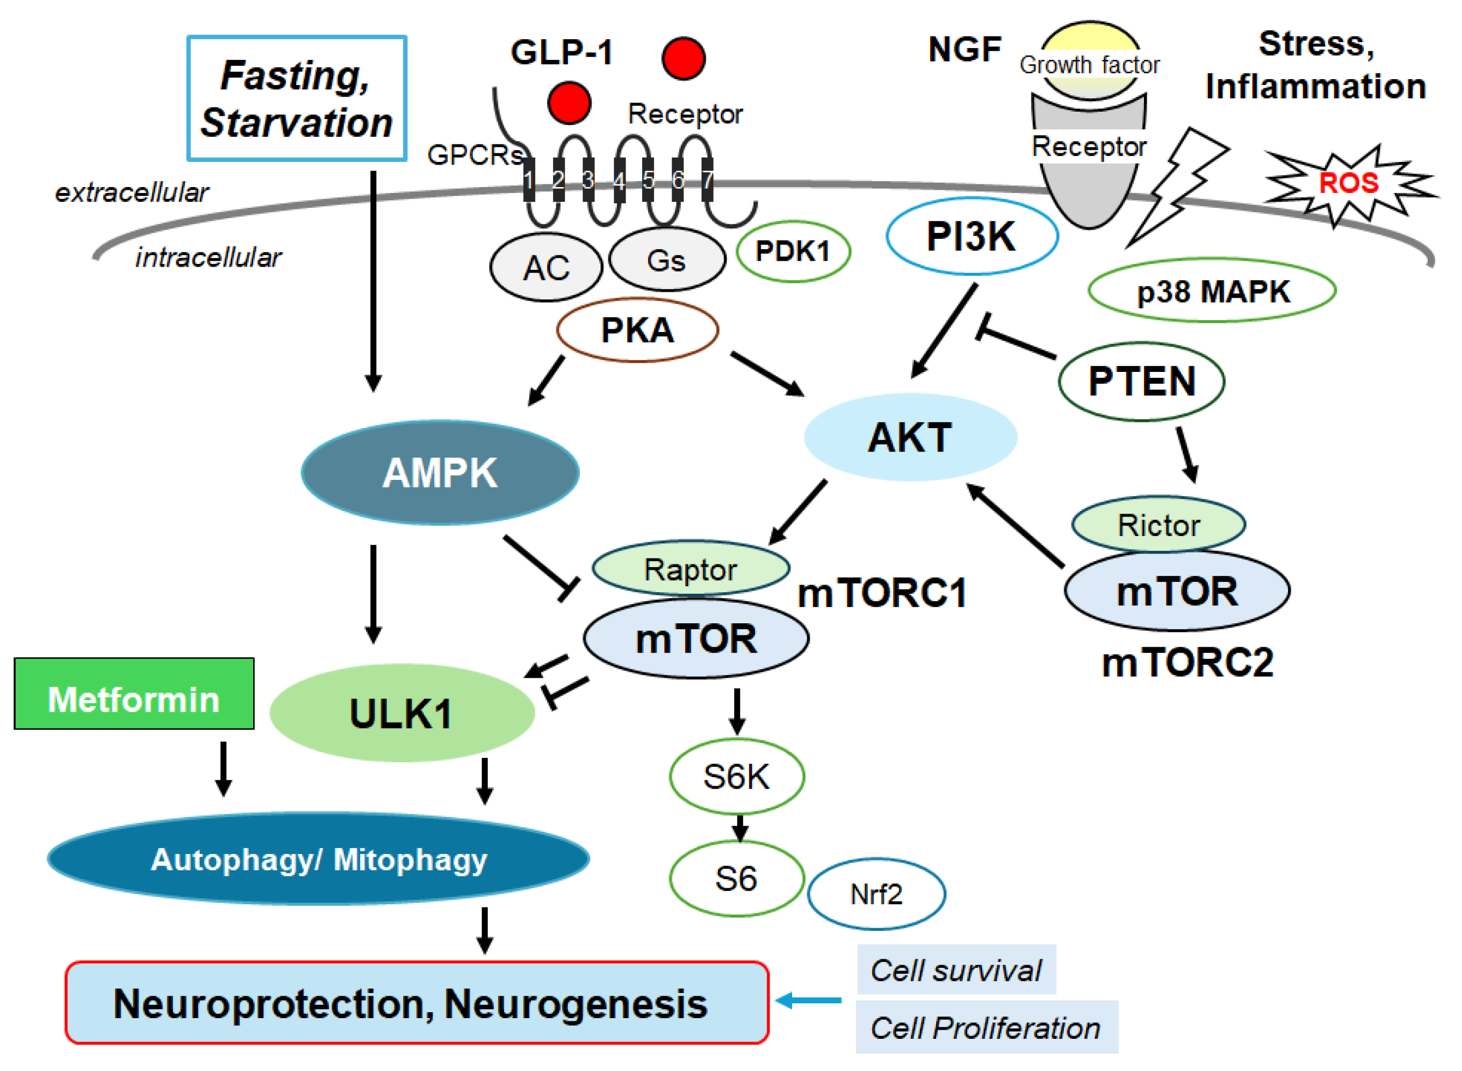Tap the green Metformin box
pyautogui.click(x=134, y=694)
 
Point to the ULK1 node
pyautogui.click(x=402, y=713)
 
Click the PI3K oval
pyautogui.click(x=972, y=236)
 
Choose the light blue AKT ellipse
pyautogui.click(x=910, y=437)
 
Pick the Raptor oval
pyautogui.click(x=690, y=569)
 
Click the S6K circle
pyautogui.click(x=737, y=776)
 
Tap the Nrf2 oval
pyautogui.click(x=876, y=894)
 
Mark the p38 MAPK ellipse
pyautogui.click(x=1212, y=291)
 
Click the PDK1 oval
pyautogui.click(x=793, y=251)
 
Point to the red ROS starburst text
pyautogui.click(x=1349, y=183)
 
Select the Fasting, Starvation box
pyautogui.click(x=296, y=98)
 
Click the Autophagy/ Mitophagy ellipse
pyautogui.click(x=318, y=859)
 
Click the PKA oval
pyautogui.click(x=637, y=330)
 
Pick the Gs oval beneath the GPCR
pyautogui.click(x=667, y=260)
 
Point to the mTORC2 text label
pyautogui.click(x=1187, y=663)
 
